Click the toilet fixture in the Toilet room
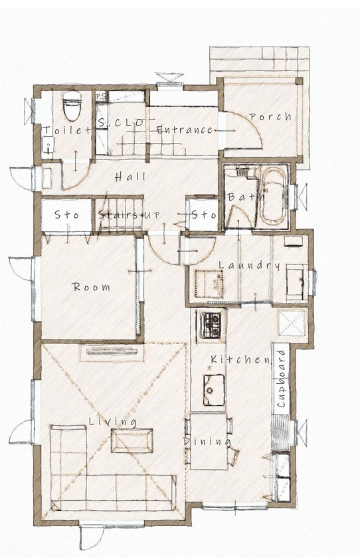(71, 106)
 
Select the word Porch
(270, 117)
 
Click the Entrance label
(185, 130)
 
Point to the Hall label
(130, 177)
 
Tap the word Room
(92, 288)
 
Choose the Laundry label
(250, 266)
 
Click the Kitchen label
(240, 360)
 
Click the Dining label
(207, 441)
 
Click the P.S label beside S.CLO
(101, 96)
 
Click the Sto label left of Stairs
(66, 215)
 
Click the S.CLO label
(121, 124)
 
